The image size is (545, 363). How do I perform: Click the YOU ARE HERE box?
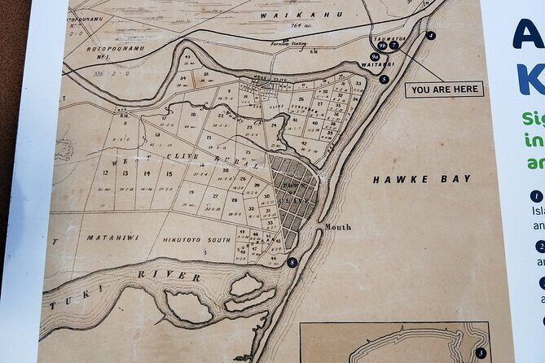tap(444, 90)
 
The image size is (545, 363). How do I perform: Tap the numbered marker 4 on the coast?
tap(430, 36)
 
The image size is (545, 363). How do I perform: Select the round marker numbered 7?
tap(393, 46)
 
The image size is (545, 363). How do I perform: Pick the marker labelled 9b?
tap(382, 46)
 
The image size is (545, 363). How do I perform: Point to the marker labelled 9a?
tap(375, 57)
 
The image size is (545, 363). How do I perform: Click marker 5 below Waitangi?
tap(384, 79)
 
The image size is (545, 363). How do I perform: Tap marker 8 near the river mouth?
tap(292, 262)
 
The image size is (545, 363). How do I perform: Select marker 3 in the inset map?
tap(481, 352)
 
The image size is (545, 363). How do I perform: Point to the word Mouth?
tap(337, 227)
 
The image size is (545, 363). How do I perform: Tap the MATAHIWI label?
tap(112, 237)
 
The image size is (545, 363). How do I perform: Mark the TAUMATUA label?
tap(389, 37)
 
